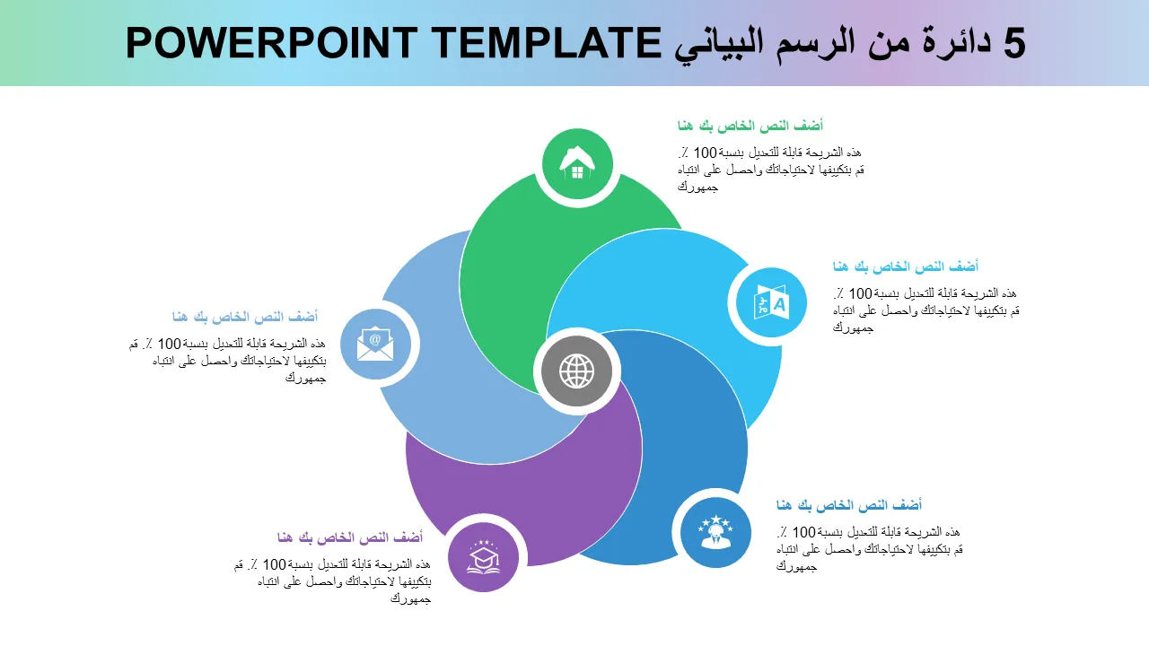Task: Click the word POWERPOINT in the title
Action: pyautogui.click(x=271, y=43)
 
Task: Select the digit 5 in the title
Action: pyautogui.click(x=1014, y=43)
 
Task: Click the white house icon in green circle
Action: pyautogui.click(x=577, y=162)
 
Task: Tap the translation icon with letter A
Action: pyautogui.click(x=771, y=302)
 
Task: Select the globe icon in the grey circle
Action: pyautogui.click(x=576, y=371)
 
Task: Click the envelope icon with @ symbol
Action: pyautogui.click(x=375, y=343)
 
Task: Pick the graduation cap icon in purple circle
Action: pyautogui.click(x=483, y=557)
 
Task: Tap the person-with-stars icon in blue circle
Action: pyautogui.click(x=715, y=532)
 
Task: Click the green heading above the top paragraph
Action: pyautogui.click(x=750, y=126)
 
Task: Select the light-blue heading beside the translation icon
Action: pyautogui.click(x=906, y=266)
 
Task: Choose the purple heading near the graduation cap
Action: pyautogui.click(x=350, y=537)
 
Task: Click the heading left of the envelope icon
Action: pyautogui.click(x=245, y=317)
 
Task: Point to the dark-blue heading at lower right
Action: pyautogui.click(x=849, y=505)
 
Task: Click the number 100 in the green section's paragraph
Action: pyautogui.click(x=705, y=153)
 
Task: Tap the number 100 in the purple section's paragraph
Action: pyautogui.click(x=274, y=564)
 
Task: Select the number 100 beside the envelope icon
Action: pyautogui.click(x=170, y=344)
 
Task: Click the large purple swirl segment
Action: pyautogui.click(x=523, y=493)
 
